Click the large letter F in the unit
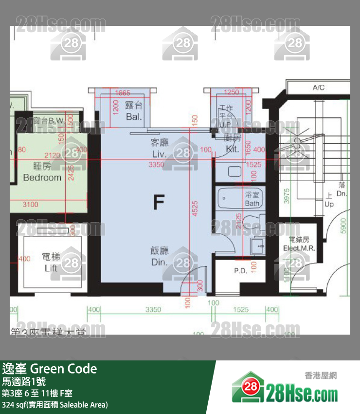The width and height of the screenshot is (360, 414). tap(158, 201)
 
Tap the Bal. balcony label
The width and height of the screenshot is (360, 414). tap(133, 116)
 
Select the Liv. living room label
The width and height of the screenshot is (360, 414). tap(159, 154)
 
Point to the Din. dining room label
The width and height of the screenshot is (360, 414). tap(159, 262)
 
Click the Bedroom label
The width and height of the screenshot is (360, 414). tap(42, 177)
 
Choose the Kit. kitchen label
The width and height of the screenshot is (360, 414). tap(233, 149)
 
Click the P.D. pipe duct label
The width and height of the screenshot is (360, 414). tap(240, 270)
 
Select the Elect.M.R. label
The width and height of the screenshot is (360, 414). tap(299, 248)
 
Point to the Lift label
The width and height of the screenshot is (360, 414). tap(51, 268)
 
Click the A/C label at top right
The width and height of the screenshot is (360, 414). tap(318, 88)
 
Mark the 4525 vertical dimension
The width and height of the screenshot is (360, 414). tap(195, 207)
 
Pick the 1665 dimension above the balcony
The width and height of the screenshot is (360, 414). tap(123, 93)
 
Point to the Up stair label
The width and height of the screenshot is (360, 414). tap(329, 204)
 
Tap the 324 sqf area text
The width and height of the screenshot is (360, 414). tap(15, 405)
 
